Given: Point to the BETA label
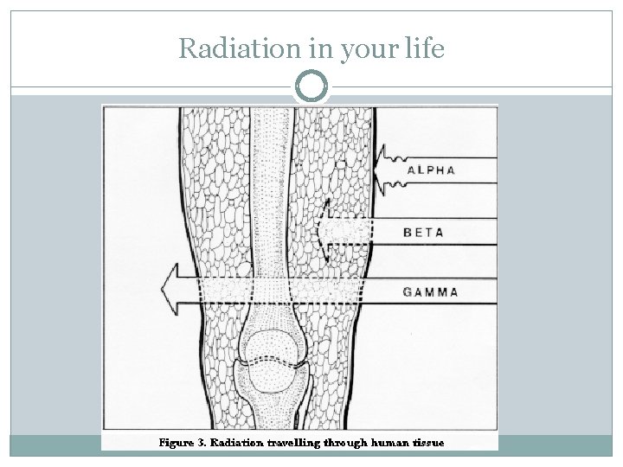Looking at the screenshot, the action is click(425, 232).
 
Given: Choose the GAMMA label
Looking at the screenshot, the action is click(431, 291).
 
